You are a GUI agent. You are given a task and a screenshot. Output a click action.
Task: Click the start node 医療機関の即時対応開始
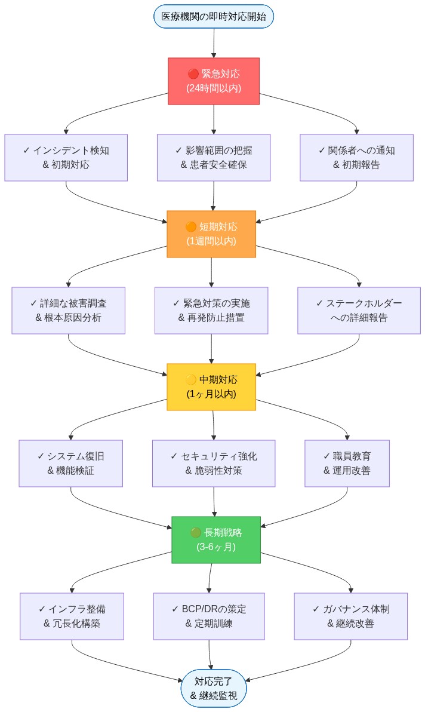[213, 16]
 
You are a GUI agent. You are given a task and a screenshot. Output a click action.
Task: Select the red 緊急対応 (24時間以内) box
[213, 81]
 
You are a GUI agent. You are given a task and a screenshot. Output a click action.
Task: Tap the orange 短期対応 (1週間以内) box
[211, 234]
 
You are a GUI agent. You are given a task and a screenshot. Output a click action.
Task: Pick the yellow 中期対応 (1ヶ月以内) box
[211, 387]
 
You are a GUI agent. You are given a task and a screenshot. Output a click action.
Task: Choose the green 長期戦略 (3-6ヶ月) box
[215, 540]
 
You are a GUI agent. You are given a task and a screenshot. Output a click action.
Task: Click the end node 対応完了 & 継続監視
[213, 688]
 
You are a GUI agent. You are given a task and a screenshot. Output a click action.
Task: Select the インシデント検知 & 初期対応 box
[66, 158]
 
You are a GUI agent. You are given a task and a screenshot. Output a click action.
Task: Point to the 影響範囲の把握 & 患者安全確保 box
[213, 158]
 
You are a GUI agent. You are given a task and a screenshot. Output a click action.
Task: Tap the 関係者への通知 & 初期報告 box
[356, 158]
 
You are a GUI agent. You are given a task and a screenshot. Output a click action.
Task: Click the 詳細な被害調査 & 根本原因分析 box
[68, 311]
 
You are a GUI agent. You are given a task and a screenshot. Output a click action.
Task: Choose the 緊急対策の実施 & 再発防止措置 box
[211, 311]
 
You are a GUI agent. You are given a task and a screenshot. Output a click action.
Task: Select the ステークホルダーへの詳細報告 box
[359, 311]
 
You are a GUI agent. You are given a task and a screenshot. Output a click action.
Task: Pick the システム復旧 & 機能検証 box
[70, 464]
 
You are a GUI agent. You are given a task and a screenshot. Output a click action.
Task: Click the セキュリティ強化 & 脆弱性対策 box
[213, 464]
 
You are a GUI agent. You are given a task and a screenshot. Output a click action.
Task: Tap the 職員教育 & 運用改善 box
[347, 464]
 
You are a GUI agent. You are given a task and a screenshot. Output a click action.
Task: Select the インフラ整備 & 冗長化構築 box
[72, 616]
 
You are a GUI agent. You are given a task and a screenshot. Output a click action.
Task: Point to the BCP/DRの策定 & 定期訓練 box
[208, 616]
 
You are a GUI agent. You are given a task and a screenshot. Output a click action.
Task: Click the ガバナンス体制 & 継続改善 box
[350, 616]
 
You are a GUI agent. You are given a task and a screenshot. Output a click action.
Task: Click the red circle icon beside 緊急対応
[193, 75]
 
